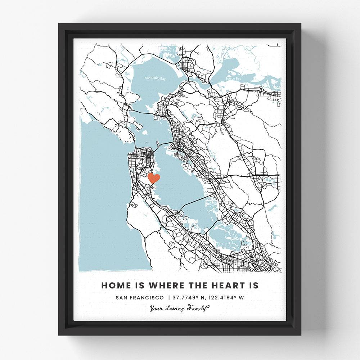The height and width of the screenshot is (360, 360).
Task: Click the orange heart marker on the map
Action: (x=154, y=178)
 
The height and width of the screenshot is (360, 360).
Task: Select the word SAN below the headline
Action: (x=122, y=297)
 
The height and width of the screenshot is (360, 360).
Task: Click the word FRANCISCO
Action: (x=148, y=297)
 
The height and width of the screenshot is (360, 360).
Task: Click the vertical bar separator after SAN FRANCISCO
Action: (x=168, y=297)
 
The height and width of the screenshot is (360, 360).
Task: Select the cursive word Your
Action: (x=157, y=308)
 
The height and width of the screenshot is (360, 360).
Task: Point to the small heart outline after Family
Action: (x=208, y=307)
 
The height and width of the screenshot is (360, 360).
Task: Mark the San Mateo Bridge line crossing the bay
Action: (x=194, y=202)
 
